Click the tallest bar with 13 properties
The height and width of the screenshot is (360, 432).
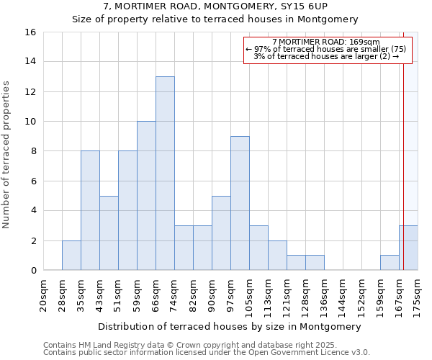165,174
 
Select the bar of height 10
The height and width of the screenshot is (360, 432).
146,196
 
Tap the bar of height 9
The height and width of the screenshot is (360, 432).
240,203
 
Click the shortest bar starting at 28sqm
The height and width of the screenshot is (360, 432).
71,256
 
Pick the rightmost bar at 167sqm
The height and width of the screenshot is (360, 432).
408,248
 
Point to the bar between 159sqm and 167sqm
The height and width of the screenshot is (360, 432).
390,263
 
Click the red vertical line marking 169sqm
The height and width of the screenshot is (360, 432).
403,144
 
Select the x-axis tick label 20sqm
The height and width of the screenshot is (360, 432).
44,294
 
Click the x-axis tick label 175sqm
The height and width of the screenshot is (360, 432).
418,294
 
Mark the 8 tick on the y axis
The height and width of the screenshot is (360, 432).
33,151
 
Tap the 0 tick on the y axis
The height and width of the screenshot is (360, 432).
33,271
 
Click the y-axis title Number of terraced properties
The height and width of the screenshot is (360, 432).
6,155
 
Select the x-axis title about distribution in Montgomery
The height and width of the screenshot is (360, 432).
229,326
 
